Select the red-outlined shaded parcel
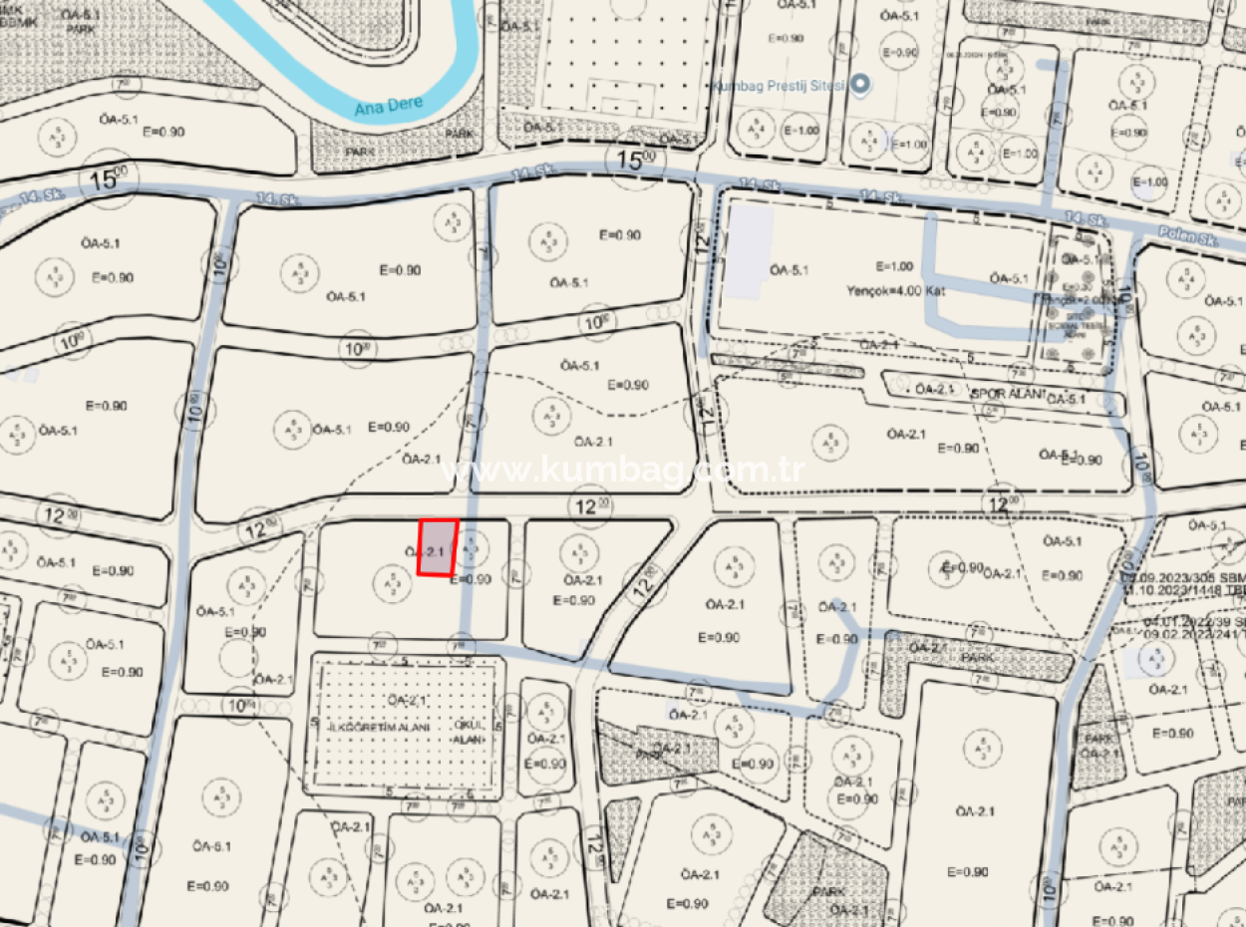[x=438, y=547]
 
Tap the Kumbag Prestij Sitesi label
[x=778, y=86]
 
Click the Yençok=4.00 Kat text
[x=894, y=291]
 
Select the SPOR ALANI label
[x=1008, y=394]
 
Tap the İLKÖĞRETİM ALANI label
[x=379, y=728]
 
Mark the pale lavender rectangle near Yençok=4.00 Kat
[x=748, y=252]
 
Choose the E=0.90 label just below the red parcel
[x=470, y=579]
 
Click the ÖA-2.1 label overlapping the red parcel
[x=425, y=551]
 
